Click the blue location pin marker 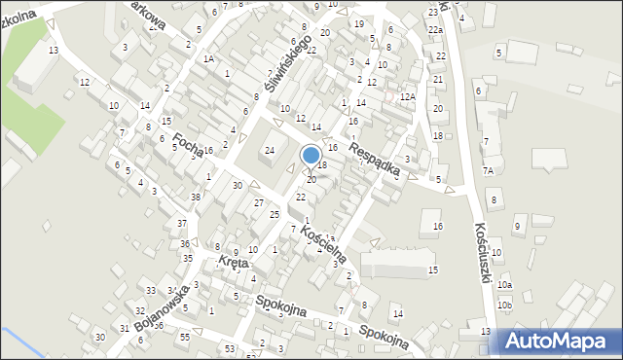click(x=311, y=156)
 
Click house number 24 click(x=270, y=150)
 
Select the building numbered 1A click(x=208, y=58)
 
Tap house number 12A click(x=408, y=96)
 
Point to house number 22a click(x=436, y=31)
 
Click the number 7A click(x=489, y=170)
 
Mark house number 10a click(x=504, y=285)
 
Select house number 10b click(x=504, y=306)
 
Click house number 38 click(x=196, y=198)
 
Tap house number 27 click(x=259, y=202)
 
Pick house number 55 click(x=185, y=336)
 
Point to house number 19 click(x=359, y=23)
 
